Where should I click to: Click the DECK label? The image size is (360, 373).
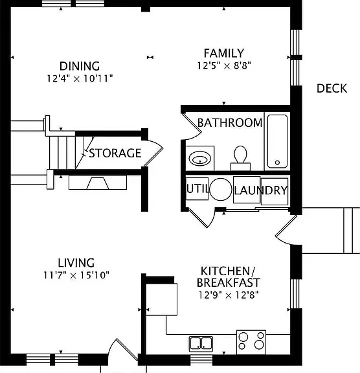tap(332, 89)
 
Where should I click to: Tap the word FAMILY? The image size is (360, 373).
tap(224, 53)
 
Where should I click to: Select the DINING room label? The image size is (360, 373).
tap(80, 66)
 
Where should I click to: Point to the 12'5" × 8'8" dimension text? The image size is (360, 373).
tap(224, 65)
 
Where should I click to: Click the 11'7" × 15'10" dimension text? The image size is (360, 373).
tap(76, 275)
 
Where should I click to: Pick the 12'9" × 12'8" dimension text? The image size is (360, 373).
tap(229, 295)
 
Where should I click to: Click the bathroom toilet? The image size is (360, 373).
tap(240, 158)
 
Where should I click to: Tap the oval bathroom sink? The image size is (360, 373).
tap(199, 158)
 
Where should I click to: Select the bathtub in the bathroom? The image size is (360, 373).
tap(277, 141)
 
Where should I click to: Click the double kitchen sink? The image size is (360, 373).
tap(201, 344)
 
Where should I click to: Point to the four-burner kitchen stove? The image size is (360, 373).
tap(251, 342)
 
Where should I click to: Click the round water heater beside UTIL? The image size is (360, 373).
tap(221, 189)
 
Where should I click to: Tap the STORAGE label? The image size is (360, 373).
tap(115, 153)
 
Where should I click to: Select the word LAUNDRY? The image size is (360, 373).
tap(261, 190)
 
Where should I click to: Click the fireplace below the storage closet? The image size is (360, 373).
tap(98, 183)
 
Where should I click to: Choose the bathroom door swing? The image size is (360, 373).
tap(192, 126)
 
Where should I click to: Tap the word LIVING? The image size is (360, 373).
tap(76, 263)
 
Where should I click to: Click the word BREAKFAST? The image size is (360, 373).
tap(229, 282)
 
